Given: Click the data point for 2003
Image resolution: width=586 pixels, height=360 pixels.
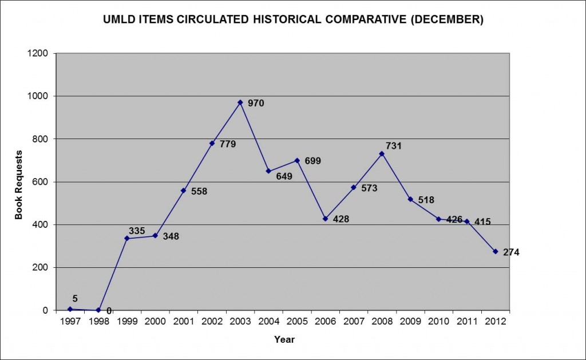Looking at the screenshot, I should [x=240, y=102].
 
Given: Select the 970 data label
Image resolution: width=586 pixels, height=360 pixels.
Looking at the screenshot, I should [x=255, y=104].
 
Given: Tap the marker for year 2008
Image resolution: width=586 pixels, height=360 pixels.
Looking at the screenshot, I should [x=382, y=153].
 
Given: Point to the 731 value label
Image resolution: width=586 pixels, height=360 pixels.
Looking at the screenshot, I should [x=394, y=146].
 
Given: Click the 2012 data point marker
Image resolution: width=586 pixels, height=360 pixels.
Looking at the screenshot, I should [x=495, y=251].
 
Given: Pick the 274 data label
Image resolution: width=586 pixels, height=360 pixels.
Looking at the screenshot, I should [x=511, y=252].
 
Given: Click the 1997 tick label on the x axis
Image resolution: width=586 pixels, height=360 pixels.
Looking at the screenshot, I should [x=70, y=322].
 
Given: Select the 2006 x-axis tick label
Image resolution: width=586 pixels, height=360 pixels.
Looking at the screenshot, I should [x=325, y=322].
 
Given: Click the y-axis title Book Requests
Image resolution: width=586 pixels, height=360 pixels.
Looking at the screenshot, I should [x=19, y=185].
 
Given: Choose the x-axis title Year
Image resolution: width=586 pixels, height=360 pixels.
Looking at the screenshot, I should [x=284, y=339].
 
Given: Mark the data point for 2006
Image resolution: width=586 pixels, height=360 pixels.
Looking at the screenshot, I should [x=325, y=219].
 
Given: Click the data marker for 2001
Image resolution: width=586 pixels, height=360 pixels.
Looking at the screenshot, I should [x=184, y=191].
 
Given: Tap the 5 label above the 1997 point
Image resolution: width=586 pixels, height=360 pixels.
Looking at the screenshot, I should [x=75, y=298].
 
